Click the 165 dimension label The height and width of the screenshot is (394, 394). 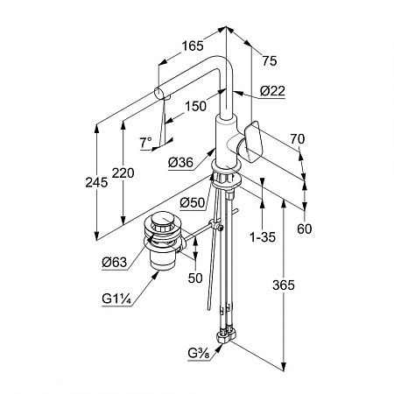click(193, 46)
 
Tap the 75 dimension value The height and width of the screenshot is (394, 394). click(269, 61)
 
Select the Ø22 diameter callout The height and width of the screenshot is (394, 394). click(272, 91)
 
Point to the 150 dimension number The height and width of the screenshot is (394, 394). click(195, 106)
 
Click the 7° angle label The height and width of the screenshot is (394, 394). click(145, 143)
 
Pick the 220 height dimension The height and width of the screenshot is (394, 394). click(123, 172)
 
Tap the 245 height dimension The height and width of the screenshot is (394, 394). click(96, 182)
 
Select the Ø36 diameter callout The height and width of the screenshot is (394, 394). click(180, 162)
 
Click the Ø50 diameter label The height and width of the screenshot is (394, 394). click(193, 202)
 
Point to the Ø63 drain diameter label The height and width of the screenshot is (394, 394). click(115, 263)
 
